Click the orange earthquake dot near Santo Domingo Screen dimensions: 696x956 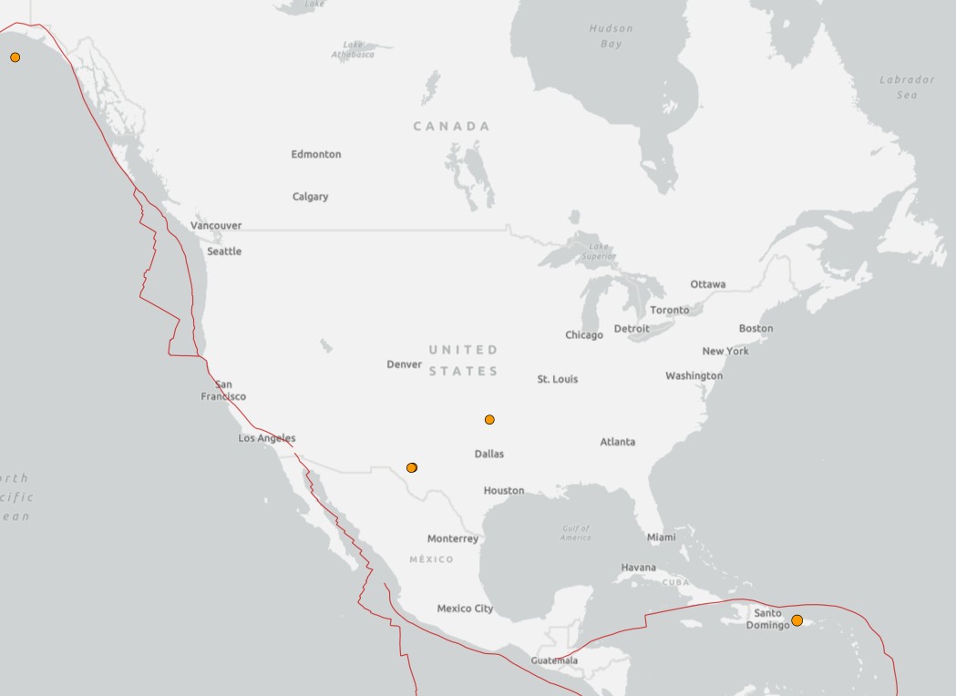797,620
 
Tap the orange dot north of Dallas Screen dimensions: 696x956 489,419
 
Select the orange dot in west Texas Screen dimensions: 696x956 412,467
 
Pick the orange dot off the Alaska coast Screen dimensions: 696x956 15,57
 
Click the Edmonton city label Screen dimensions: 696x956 316,154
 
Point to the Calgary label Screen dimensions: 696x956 310,197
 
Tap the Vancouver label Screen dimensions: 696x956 216,225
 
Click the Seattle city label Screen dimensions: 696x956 224,251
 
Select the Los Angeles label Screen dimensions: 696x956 267,438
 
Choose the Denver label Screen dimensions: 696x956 404,364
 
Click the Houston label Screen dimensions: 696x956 504,490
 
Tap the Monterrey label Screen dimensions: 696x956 453,538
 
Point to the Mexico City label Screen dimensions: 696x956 465,609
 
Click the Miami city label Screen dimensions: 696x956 662,537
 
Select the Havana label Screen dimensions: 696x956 638,568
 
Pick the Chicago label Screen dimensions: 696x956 584,335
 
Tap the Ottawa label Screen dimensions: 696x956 708,284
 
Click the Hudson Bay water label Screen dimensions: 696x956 611,36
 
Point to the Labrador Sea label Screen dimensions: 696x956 907,87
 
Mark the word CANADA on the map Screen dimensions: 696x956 451,127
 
